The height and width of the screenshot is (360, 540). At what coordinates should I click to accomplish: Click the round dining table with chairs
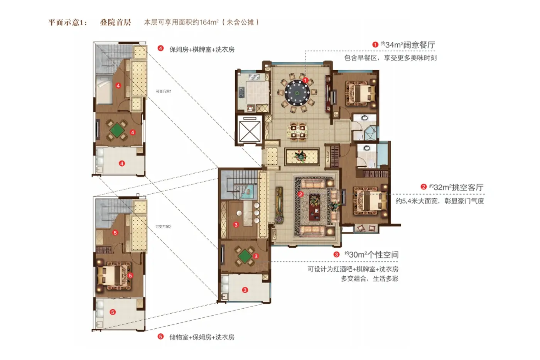(x=297, y=93)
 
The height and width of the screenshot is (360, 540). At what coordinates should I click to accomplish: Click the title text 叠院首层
(x=115, y=22)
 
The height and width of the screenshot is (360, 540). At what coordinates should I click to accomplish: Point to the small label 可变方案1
(x=164, y=91)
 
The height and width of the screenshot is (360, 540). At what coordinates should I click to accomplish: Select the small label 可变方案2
(x=163, y=226)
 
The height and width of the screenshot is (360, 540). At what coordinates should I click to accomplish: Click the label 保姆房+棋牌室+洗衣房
(x=202, y=49)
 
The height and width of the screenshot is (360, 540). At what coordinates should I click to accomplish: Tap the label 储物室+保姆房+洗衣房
(x=202, y=337)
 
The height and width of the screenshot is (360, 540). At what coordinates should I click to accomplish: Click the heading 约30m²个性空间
(x=371, y=255)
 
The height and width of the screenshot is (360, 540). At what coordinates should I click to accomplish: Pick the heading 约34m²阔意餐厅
(x=408, y=45)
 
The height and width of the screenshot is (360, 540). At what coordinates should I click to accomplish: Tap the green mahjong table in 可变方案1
(x=116, y=130)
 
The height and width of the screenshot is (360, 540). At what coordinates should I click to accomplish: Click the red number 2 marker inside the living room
(x=300, y=194)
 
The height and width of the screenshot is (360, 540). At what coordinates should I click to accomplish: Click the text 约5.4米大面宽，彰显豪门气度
(x=439, y=201)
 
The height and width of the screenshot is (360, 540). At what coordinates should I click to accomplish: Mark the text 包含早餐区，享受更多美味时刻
(x=390, y=58)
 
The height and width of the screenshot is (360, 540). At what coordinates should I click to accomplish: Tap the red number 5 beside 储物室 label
(x=161, y=337)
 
